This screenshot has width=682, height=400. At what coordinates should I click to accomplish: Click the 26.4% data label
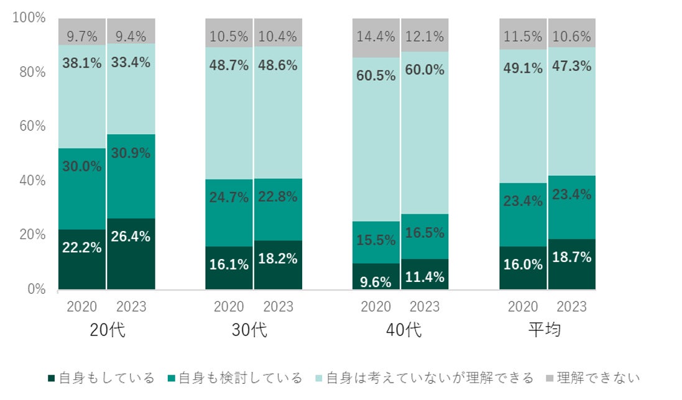click(131, 237)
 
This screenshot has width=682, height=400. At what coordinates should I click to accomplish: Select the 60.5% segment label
click(376, 76)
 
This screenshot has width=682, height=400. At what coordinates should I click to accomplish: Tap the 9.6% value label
click(376, 282)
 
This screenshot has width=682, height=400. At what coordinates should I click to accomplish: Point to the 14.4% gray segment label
click(376, 37)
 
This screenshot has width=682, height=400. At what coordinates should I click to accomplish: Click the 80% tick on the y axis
click(30, 72)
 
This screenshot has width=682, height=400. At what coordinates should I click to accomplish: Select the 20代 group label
click(107, 330)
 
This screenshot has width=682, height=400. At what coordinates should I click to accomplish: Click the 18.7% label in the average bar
click(571, 257)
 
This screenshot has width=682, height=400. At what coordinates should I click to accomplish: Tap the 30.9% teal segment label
click(131, 153)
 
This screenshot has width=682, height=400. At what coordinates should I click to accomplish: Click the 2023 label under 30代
click(278, 307)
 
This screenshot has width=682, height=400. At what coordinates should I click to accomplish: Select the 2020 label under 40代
click(376, 307)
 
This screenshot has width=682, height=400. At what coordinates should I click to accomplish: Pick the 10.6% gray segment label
click(571, 37)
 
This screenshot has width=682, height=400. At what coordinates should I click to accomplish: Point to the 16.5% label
click(425, 233)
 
